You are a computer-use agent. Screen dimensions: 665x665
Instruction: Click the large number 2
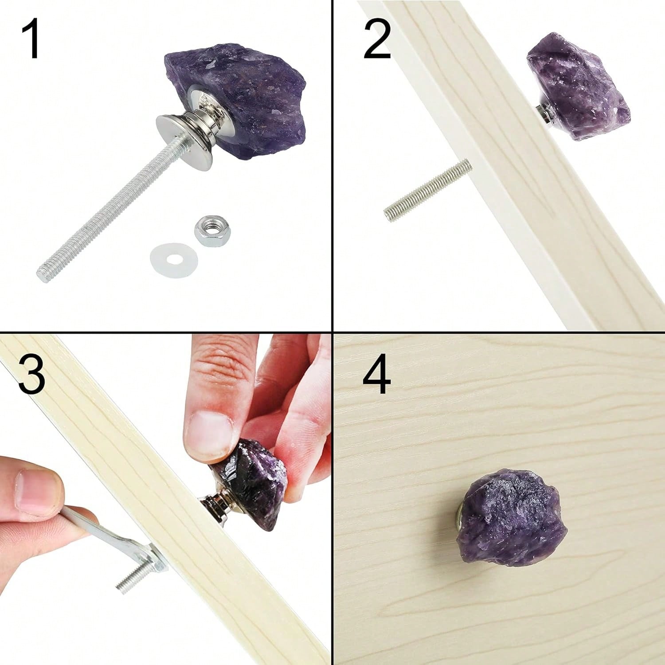377,39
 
